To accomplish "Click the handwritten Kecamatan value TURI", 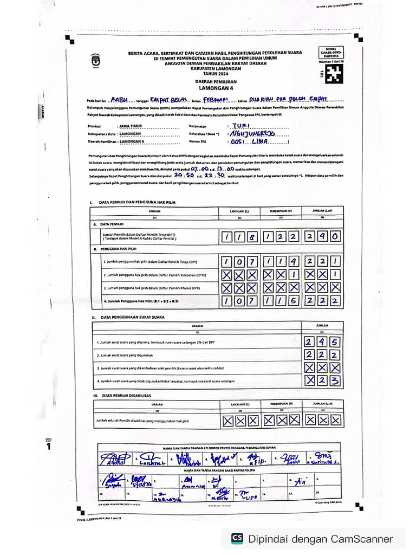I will click(239, 125).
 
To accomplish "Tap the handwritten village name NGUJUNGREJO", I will click(253, 133).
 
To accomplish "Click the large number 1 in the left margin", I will click(49, 447).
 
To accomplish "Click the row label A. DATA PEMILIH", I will click(109, 224).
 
